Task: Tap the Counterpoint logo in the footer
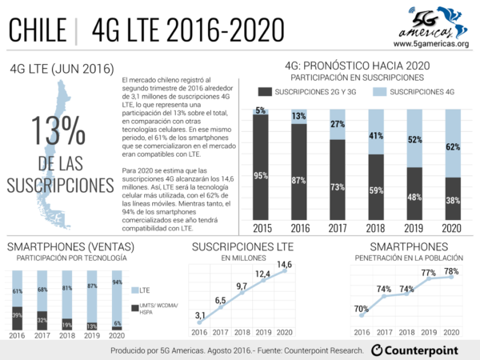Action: point(421,350)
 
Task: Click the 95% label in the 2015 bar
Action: point(261,176)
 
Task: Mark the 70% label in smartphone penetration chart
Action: point(362,308)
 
